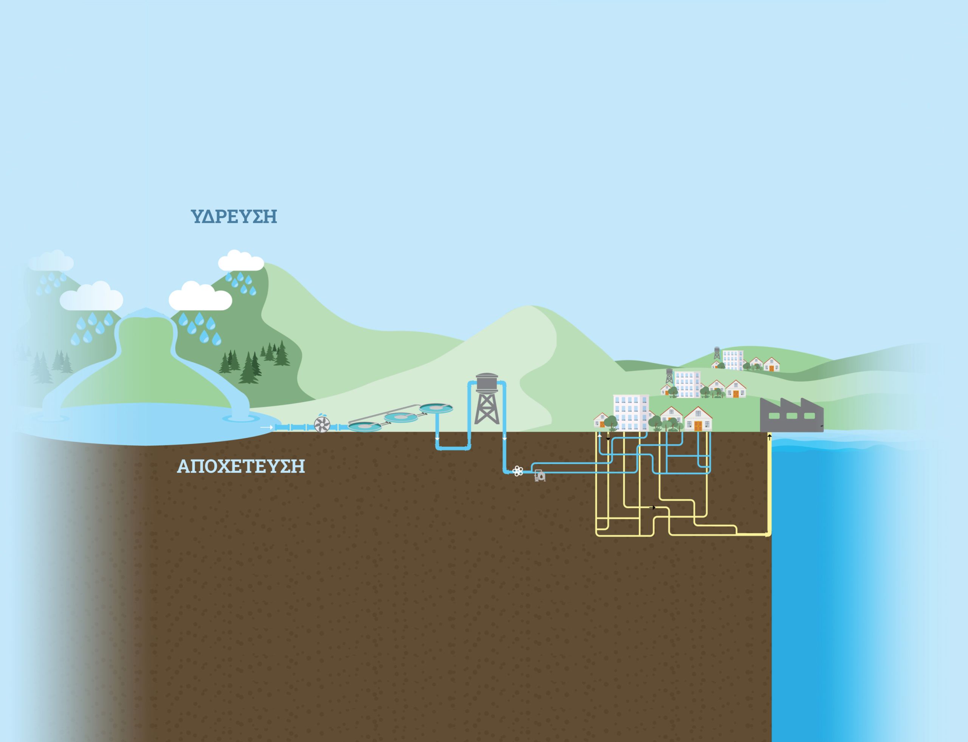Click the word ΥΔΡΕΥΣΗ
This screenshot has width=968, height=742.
[234, 217]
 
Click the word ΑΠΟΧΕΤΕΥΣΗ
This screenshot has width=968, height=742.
[240, 467]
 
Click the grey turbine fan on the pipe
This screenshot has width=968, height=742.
[322, 425]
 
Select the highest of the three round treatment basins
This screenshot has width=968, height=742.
[436, 408]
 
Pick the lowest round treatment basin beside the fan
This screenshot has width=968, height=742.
[365, 426]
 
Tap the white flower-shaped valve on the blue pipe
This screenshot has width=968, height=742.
[518, 471]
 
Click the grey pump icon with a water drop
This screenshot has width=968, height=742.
[540, 476]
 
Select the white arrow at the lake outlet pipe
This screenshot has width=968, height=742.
[266, 427]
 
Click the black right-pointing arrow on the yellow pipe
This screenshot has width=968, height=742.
[653, 508]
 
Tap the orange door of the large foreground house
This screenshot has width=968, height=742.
[698, 426]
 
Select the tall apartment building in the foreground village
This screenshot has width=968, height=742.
[631, 413]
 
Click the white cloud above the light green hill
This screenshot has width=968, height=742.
[240, 261]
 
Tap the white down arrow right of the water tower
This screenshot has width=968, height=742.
[504, 439]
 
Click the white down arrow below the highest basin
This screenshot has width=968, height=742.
[437, 439]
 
